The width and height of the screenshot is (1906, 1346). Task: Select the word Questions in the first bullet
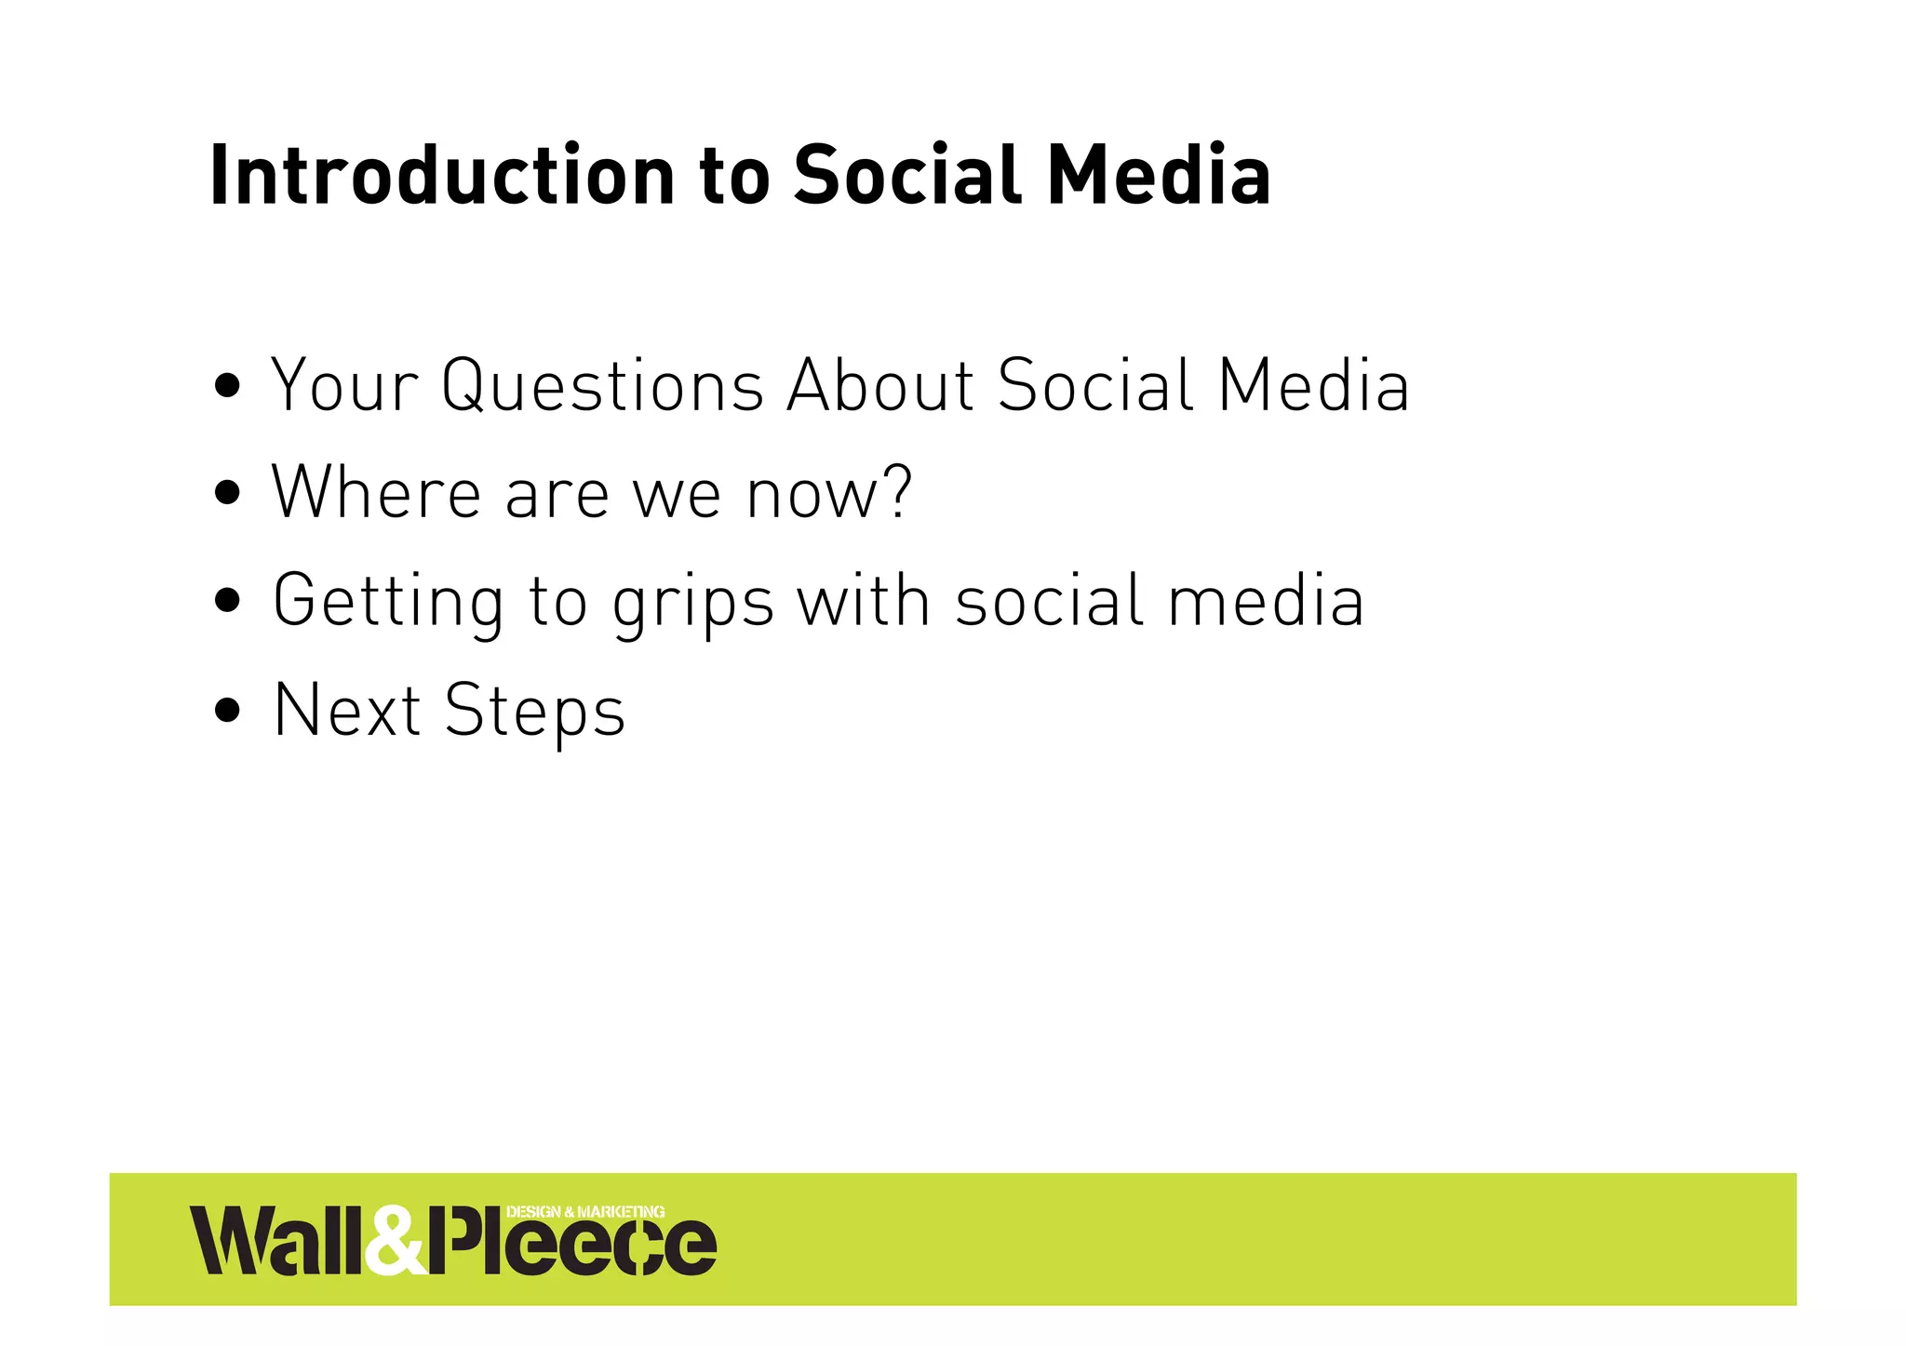point(603,385)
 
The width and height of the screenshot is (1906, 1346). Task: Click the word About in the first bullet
point(880,385)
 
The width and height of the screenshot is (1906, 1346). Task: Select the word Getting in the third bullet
point(388,602)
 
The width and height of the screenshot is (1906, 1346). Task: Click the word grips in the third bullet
point(693,605)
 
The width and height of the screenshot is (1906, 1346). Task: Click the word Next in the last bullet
point(347,711)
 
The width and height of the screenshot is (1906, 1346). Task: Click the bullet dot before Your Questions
point(228,384)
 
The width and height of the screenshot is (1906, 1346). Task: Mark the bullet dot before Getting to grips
point(228,602)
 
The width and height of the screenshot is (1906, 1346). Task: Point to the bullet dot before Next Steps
point(228,712)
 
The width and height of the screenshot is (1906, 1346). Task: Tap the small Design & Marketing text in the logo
point(584,1212)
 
